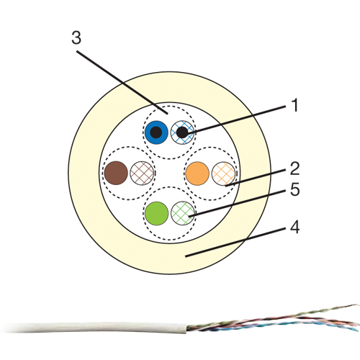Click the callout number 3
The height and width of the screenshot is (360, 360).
click(76, 38)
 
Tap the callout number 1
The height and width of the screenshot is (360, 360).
click(295, 105)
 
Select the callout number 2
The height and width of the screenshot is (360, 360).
click(294, 168)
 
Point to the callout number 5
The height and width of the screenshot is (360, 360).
click(295, 189)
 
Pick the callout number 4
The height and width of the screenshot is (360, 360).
click(295, 228)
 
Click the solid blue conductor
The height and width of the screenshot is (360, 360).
click(156, 132)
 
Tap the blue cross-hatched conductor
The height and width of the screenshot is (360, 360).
click(182, 132)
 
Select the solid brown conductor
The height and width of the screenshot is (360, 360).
click(116, 173)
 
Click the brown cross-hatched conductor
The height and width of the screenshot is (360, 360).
click(142, 173)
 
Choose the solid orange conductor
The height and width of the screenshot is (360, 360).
click(197, 174)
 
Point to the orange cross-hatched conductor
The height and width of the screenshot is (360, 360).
click(223, 174)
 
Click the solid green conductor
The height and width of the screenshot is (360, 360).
click(157, 213)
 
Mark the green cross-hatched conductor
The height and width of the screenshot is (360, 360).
click(183, 213)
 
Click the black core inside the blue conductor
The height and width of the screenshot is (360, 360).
click(156, 132)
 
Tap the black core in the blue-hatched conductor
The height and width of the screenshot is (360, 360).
click(182, 132)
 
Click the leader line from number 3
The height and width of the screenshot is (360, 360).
click(122, 82)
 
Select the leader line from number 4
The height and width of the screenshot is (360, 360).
click(235, 242)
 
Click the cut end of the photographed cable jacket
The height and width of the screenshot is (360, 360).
click(186, 328)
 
